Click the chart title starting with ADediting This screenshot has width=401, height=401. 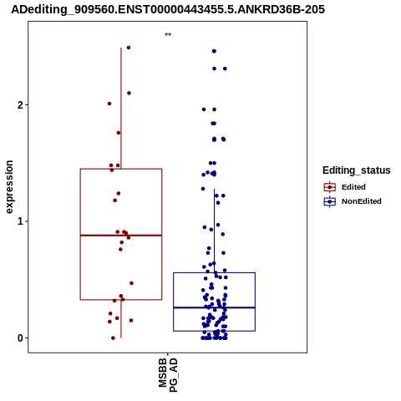coord(168,9)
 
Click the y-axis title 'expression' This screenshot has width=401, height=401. coord(9,187)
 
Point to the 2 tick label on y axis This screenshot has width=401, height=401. coord(20,105)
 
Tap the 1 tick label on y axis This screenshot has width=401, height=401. coord(20,221)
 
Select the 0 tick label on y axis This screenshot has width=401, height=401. coord(20,338)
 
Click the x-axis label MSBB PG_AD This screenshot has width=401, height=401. coord(168,375)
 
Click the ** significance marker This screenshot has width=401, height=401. coord(168,35)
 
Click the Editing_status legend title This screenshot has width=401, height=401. coord(357,170)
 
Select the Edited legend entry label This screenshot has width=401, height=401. coord(353,187)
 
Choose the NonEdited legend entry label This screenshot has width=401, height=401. coord(362,201)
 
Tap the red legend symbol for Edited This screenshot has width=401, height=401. coord(330,187)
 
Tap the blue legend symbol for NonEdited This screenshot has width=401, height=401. coord(330,201)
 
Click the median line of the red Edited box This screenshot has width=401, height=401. coord(121,236)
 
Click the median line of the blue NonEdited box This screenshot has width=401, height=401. coord(215,307)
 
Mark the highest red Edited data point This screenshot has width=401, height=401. coord(129,48)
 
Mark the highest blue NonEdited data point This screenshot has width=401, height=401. coord(214,51)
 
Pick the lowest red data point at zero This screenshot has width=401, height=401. coord(113,338)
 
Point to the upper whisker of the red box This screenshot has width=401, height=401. coord(121,109)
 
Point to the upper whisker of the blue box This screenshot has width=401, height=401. coord(215,231)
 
